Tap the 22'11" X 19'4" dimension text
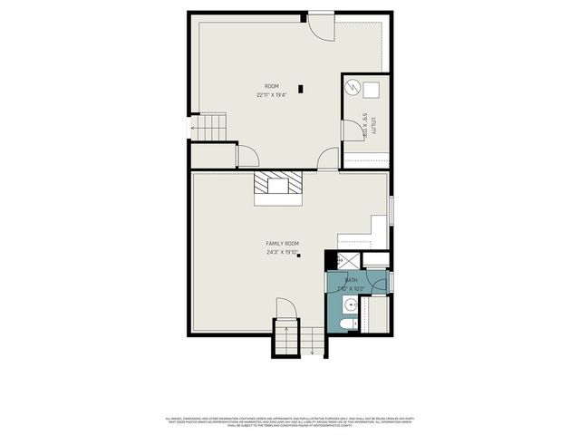271,95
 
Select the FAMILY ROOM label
282,244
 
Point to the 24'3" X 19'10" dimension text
282,253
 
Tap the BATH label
352,281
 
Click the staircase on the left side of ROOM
211,126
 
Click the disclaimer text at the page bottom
290,420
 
